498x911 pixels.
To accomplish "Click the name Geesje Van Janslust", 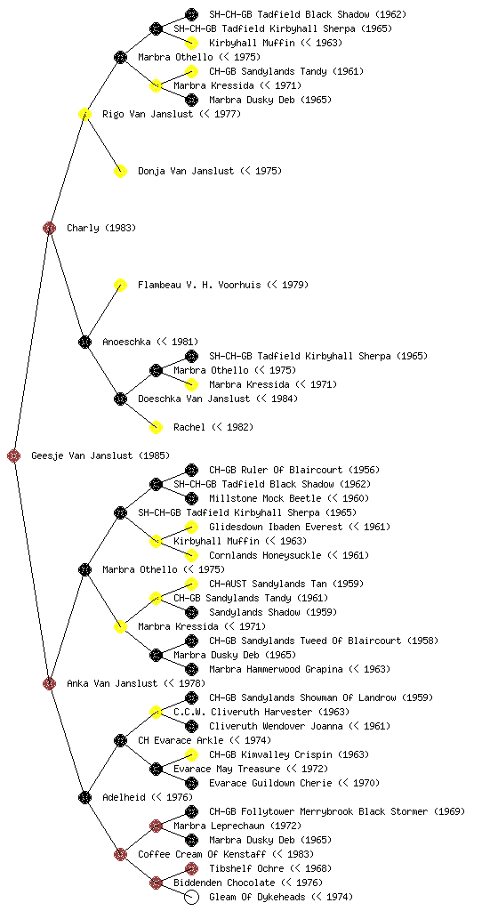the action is pos(83,455).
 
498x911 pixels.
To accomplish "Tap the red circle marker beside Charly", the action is pos(49,228).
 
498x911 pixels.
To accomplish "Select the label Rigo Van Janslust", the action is pos(148,114).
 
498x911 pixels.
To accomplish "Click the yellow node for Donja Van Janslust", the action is pos(120,171).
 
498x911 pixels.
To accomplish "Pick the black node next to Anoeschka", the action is pos(84,342).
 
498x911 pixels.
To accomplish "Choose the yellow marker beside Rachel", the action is pos(156,427).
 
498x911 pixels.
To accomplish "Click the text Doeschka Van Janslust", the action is pos(194,399).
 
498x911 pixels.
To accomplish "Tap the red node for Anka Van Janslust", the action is pos(49,683).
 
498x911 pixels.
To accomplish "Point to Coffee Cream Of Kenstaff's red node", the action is pos(120,854).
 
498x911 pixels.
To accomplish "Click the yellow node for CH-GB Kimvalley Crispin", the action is pos(191,754).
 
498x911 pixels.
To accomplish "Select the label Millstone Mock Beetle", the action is pos(265,498).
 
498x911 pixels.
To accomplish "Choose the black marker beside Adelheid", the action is pos(84,797).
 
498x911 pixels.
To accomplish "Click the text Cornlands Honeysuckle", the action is pos(265,555).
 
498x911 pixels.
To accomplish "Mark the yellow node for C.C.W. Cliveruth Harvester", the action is pos(156,712).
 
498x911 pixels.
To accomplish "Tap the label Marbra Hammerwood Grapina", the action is pos(276,669).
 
